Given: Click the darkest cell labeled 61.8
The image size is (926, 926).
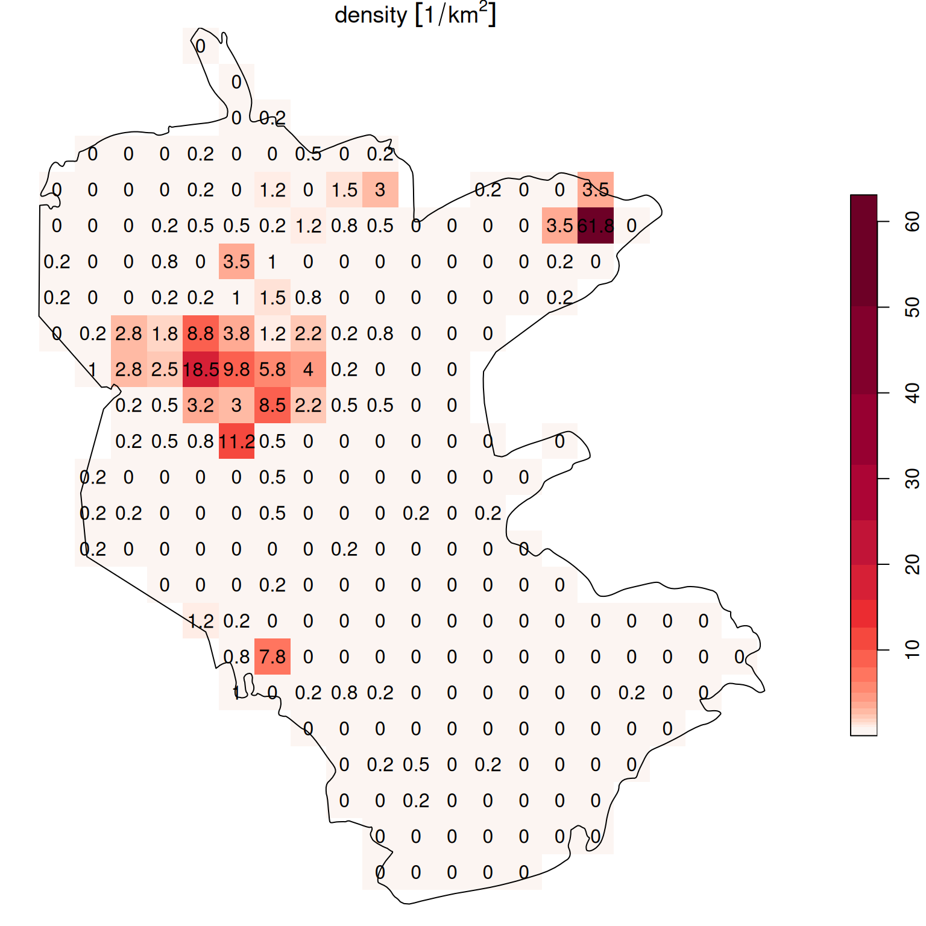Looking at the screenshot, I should [596, 225].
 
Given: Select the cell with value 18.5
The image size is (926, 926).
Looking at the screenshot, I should [201, 369].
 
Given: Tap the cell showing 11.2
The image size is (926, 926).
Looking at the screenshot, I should [236, 441].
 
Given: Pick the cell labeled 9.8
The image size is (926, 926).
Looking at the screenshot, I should [236, 369].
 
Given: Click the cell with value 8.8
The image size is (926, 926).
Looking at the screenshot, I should [201, 333].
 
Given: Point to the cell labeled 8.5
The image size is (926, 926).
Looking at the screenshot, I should [272, 405].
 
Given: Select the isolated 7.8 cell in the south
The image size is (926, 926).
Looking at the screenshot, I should [272, 657].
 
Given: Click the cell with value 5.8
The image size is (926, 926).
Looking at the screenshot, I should [272, 369].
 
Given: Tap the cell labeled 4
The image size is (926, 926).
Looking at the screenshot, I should [308, 369].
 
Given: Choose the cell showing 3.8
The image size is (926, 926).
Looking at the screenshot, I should [236, 333].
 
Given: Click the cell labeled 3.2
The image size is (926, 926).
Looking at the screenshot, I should [201, 405].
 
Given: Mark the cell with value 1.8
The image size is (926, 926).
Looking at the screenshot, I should [165, 333].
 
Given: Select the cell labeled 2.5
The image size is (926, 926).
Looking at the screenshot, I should [165, 369].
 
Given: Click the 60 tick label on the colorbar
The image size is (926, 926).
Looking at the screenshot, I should [912, 222].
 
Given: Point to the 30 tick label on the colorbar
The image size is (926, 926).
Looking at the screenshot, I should [912, 479].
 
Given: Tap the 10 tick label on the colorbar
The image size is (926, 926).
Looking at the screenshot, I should [912, 650].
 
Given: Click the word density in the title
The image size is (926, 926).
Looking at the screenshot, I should [371, 15].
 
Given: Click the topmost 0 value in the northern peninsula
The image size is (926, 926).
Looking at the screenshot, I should [201, 46].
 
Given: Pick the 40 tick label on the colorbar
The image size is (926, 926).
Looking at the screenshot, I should [912, 393].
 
